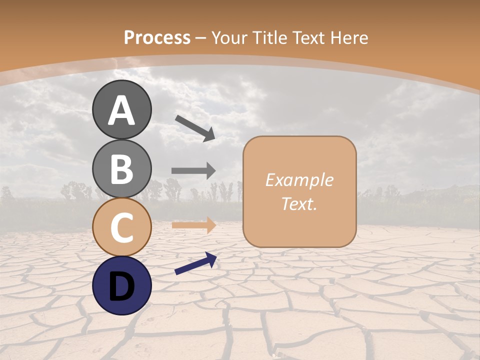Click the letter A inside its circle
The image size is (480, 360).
point(122,110)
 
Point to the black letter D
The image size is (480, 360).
point(122,286)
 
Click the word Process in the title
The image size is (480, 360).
point(157,37)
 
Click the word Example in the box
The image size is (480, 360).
point(299,180)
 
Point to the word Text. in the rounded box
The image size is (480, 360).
point(299,203)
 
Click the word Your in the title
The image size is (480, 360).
point(229,37)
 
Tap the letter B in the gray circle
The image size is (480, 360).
point(122,169)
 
